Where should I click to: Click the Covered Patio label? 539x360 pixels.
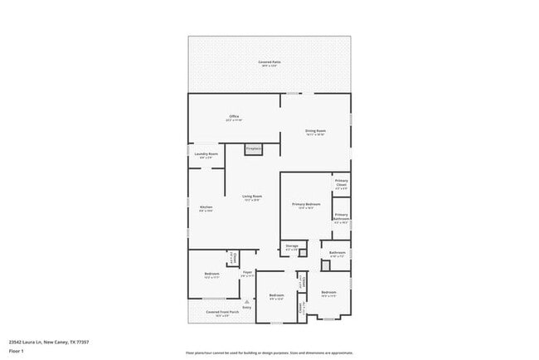(x=269, y=62)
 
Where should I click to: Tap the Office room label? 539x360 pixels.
(x=234, y=116)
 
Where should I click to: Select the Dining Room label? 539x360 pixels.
(x=315, y=130)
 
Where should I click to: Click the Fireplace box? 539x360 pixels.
(x=254, y=148)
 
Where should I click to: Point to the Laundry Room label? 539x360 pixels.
(x=206, y=153)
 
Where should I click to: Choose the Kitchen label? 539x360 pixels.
(x=206, y=207)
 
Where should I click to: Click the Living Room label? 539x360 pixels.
(x=252, y=196)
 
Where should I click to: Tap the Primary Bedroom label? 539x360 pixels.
(x=305, y=203)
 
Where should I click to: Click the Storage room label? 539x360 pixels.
(x=292, y=246)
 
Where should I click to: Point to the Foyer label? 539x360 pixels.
(x=246, y=272)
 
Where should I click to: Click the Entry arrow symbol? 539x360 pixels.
(x=246, y=300)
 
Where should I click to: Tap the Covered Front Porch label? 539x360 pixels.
(x=216, y=312)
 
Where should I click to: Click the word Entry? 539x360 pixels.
(x=246, y=307)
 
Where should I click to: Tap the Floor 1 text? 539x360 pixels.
(x=17, y=351)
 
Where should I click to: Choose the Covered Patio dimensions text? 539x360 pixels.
(x=269, y=66)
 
